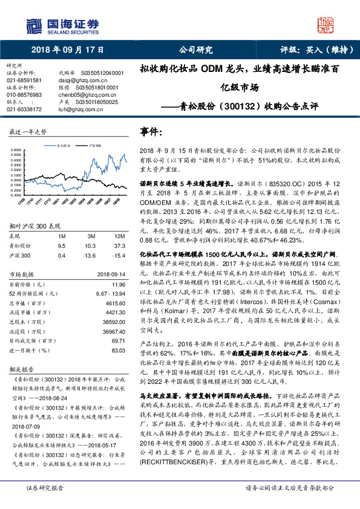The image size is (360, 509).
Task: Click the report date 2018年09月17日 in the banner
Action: pos(67,50)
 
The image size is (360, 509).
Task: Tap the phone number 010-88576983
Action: pos(24,95)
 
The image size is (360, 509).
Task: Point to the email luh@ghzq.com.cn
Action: pos(77,109)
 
